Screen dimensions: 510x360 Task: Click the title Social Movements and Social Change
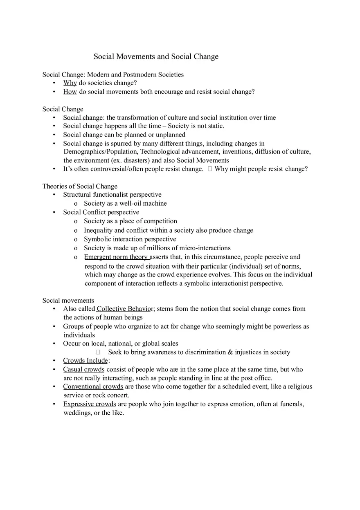pyautogui.click(x=156, y=56)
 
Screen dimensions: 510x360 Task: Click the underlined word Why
pyautogui.click(x=70, y=83)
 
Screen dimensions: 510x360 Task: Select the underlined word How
pyautogui.click(x=70, y=92)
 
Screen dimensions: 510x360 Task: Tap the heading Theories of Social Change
pyautogui.click(x=80, y=186)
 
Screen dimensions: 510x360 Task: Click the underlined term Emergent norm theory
pyautogui.click(x=116, y=257)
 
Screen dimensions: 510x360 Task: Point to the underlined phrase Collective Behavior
pyautogui.click(x=124, y=309)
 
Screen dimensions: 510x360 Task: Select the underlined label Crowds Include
pyautogui.click(x=85, y=360)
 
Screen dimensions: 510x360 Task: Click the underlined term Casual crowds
pyautogui.click(x=83, y=369)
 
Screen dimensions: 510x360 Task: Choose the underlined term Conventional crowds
pyautogui.click(x=93, y=386)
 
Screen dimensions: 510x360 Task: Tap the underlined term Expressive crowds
pyautogui.click(x=89, y=404)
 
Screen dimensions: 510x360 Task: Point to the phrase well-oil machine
pyautogui.click(x=143, y=203)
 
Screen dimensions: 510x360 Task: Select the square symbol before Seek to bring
pyautogui.click(x=98, y=352)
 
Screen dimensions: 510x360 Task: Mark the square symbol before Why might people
pyautogui.click(x=210, y=169)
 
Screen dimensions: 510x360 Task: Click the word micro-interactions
pyautogui.click(x=205, y=248)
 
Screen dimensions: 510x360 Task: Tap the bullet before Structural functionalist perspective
pyautogui.click(x=54, y=195)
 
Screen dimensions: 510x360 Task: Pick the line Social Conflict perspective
pyautogui.click(x=101, y=212)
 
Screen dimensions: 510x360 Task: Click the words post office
pyautogui.click(x=258, y=378)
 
